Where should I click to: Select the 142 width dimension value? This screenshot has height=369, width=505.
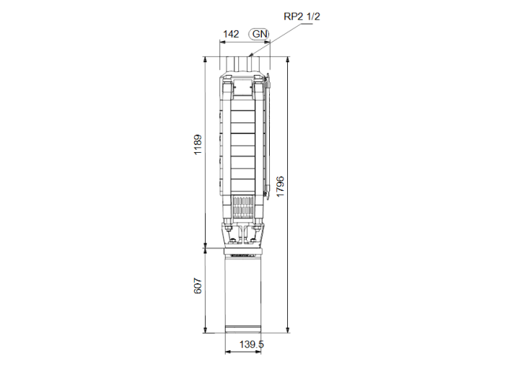230,34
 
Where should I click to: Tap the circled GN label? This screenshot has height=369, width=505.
259,34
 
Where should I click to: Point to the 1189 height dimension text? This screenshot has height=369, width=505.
198,147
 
